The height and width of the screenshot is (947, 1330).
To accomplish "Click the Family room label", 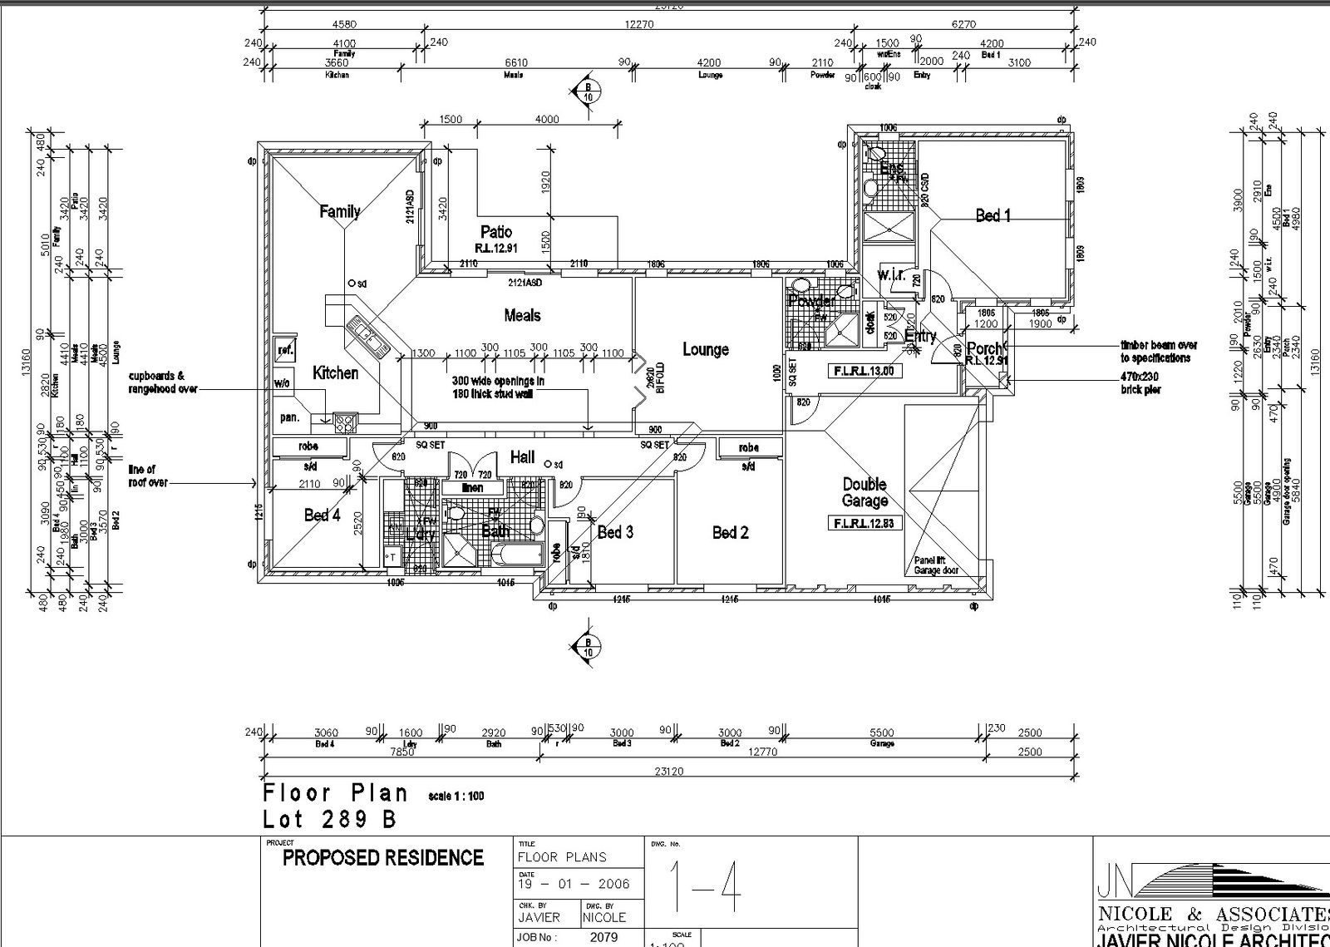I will [340, 211].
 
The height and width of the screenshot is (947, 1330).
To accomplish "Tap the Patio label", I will [496, 232].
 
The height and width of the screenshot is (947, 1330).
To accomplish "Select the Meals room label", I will [522, 315].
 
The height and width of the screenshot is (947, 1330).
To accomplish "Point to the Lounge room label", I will [706, 349].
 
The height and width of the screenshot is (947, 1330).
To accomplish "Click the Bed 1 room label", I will [993, 215].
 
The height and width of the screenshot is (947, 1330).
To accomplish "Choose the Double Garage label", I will [864, 492].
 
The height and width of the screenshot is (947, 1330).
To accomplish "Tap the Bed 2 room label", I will [730, 532].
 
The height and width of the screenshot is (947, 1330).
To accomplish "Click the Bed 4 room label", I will [322, 515].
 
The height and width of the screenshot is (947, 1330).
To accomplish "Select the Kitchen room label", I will [335, 372].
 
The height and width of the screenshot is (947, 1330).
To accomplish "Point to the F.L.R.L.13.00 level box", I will [864, 371].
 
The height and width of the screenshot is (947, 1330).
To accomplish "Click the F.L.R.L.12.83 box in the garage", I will [864, 523].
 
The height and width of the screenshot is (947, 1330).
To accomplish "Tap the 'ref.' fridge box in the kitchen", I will [285, 350].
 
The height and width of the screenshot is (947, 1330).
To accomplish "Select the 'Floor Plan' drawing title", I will [336, 792].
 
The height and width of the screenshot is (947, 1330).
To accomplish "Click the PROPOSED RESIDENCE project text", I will [382, 858].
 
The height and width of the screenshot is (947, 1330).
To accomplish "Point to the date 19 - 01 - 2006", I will [574, 884].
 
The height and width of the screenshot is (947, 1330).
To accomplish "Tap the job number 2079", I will [603, 937].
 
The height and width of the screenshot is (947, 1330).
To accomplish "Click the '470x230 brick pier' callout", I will [1140, 383].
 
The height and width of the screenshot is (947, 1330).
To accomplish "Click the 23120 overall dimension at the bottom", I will [668, 772].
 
